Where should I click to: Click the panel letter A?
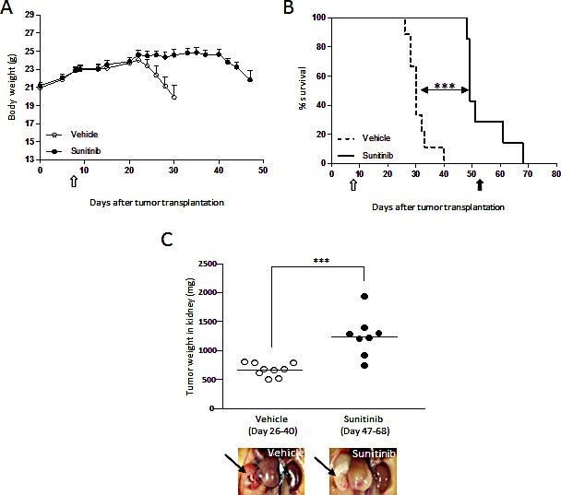tap(8, 8)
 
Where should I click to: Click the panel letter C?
tap(167, 241)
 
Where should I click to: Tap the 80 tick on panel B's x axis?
tap(555, 172)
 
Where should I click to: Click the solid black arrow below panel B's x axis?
tap(479, 184)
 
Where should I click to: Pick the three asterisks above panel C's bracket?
tap(321, 261)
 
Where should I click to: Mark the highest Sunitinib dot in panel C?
tap(364, 296)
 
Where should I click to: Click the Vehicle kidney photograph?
tap(274, 471)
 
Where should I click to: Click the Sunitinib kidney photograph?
tap(366, 471)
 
